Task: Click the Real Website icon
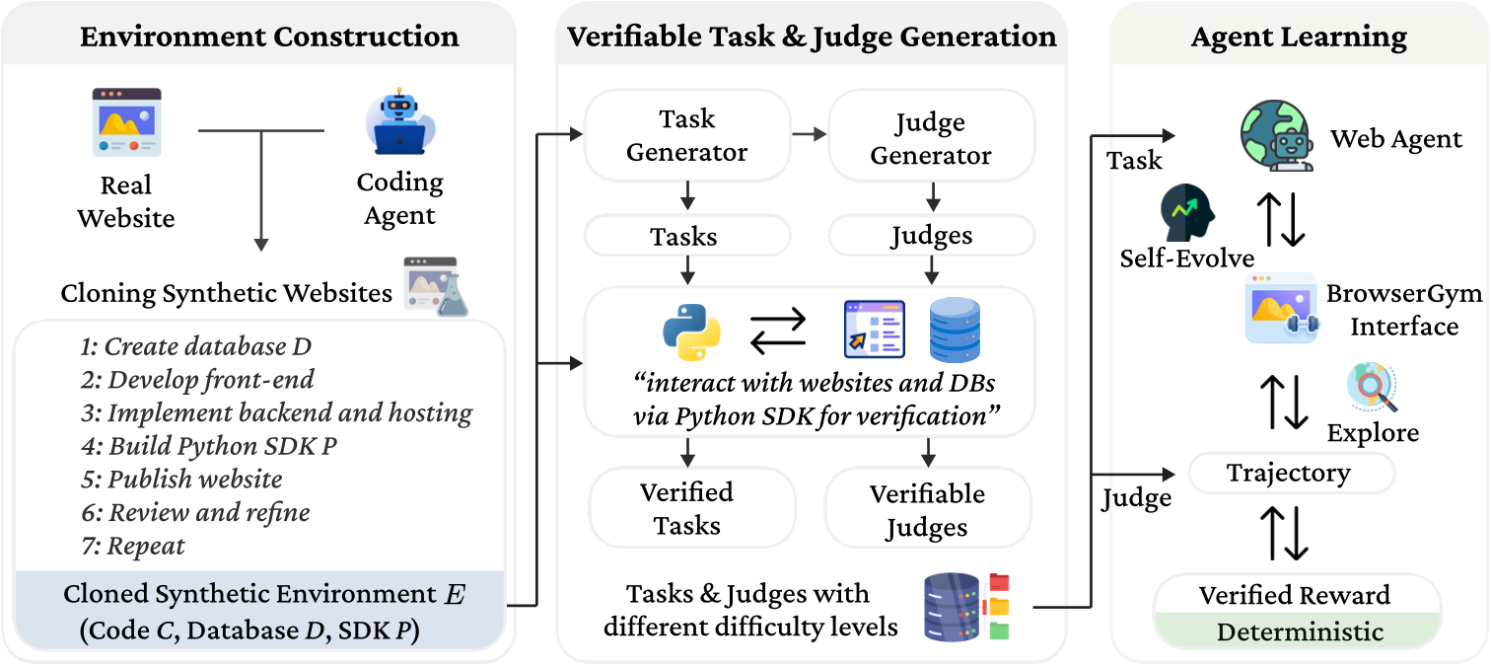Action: (x=126, y=121)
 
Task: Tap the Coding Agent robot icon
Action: (x=399, y=124)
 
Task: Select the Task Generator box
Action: (x=687, y=135)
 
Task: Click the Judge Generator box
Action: (x=931, y=139)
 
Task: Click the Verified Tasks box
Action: (x=687, y=508)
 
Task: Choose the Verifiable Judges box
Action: (x=927, y=510)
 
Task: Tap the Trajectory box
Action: (x=1288, y=474)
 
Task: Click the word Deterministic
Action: (x=1300, y=631)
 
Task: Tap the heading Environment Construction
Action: (x=269, y=37)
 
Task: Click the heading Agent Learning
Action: (x=1299, y=37)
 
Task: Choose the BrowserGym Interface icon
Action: (x=1281, y=309)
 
